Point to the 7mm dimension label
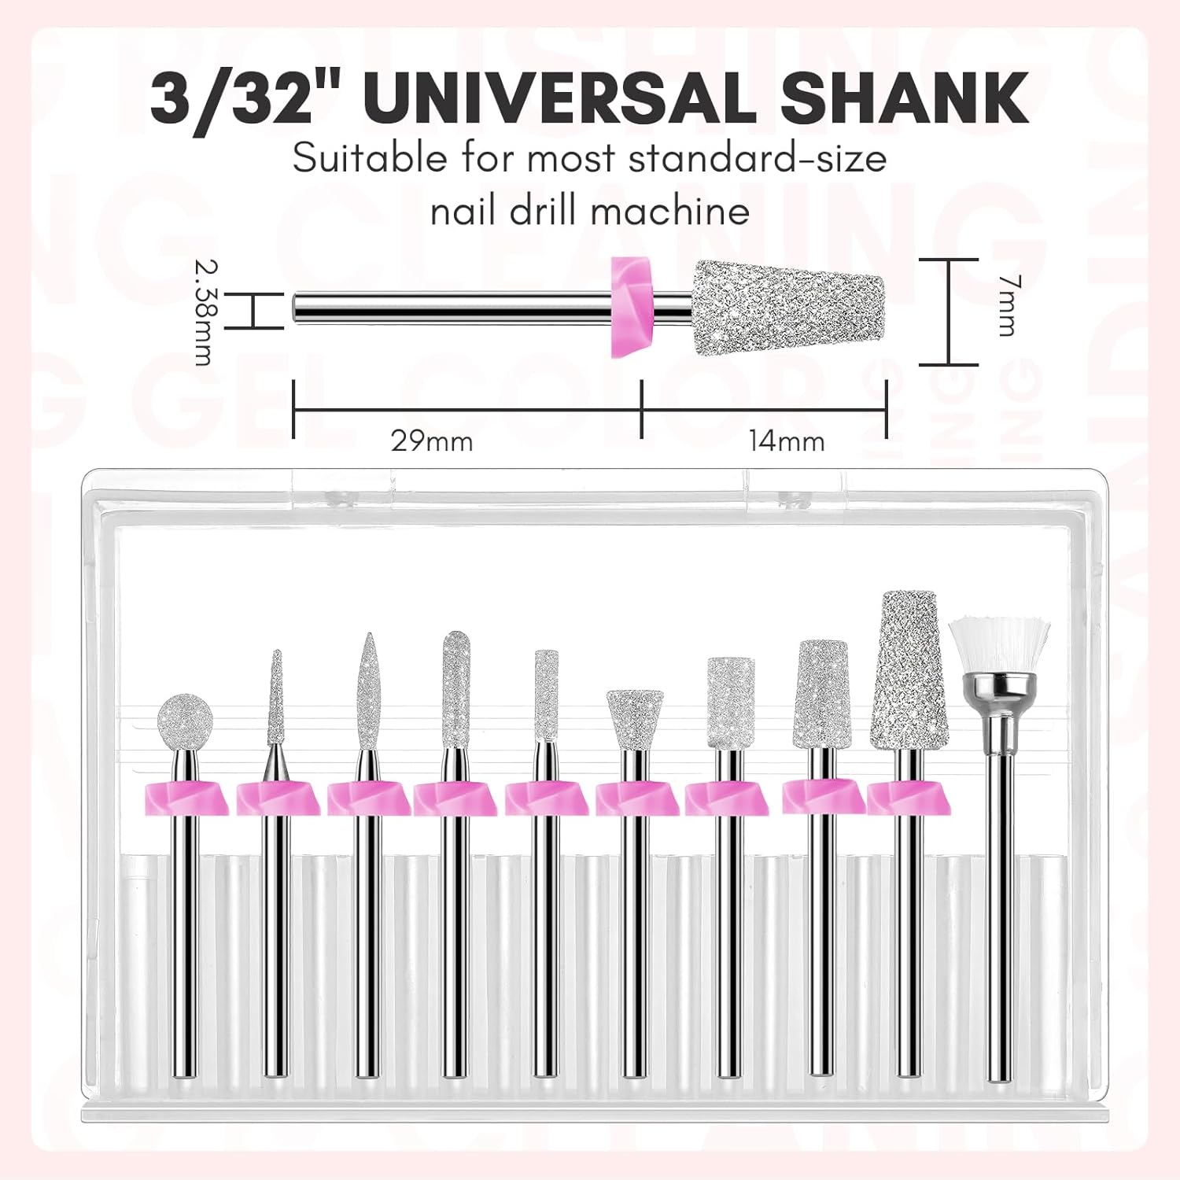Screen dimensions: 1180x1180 (x=1008, y=306)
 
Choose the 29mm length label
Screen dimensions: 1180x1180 (x=432, y=441)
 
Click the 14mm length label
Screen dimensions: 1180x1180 (x=786, y=441)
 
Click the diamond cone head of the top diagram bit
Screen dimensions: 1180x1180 (x=787, y=308)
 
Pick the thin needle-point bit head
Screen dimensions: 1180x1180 (x=276, y=699)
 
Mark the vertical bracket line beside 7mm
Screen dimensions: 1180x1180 (x=950, y=312)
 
